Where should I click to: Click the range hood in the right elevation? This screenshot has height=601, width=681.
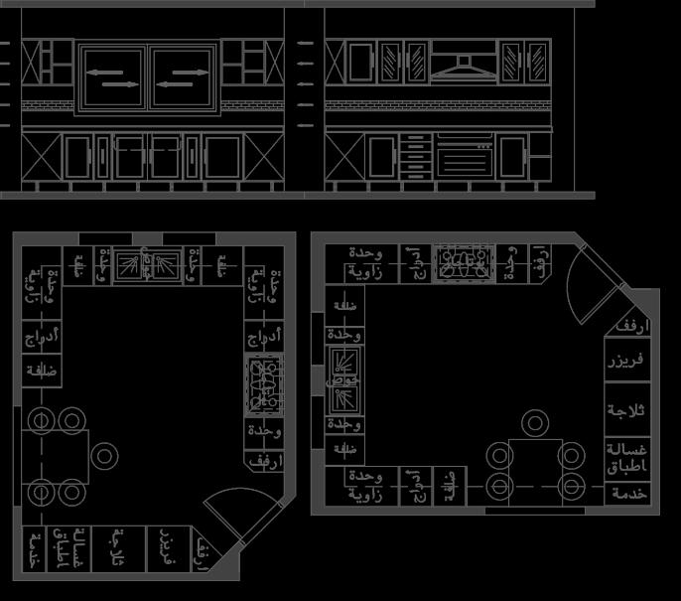pos(463,68)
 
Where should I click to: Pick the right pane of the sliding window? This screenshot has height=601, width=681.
pos(184,76)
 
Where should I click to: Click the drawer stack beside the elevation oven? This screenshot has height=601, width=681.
pos(417,156)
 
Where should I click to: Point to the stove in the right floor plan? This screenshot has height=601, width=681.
pos(462,262)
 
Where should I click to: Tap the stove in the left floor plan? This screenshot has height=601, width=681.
pos(265,383)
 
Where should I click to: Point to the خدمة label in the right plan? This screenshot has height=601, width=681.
pos(629,493)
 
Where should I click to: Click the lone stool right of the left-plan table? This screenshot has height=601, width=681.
pos(104,456)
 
